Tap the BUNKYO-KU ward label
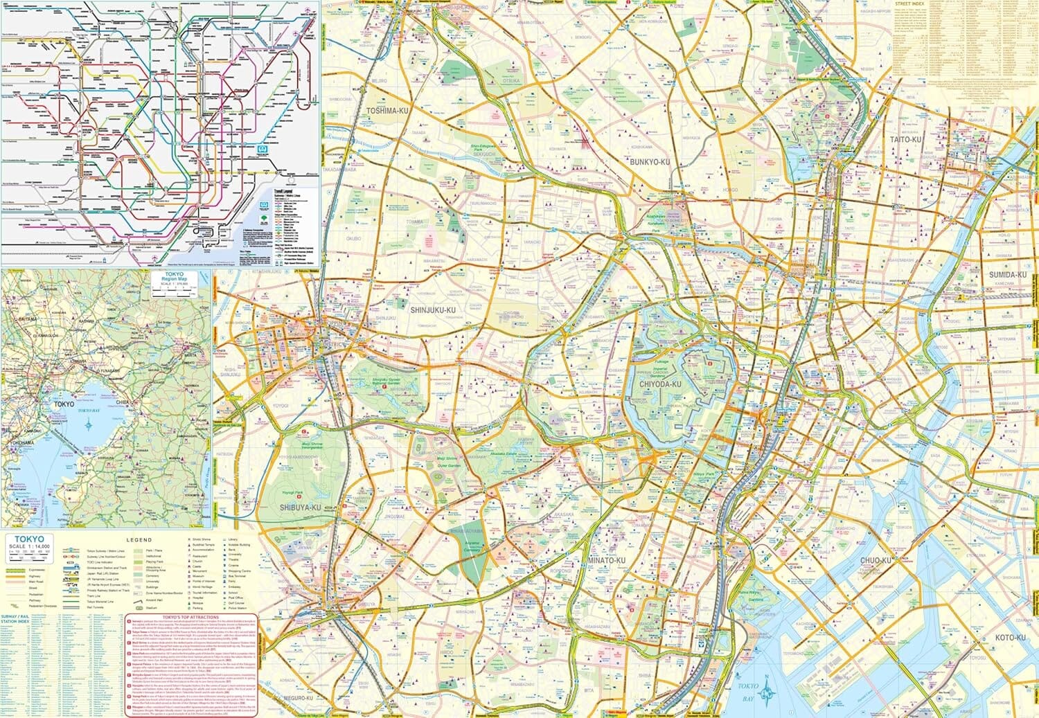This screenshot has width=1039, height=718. click(648, 162)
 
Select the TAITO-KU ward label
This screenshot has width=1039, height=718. click(905, 139)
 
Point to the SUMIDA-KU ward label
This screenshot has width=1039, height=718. click(1006, 275)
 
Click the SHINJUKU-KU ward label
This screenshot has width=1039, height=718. click(433, 311)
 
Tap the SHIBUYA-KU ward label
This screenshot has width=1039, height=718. click(301, 508)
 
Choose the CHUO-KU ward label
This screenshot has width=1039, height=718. click(876, 560)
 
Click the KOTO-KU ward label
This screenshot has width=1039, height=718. click(1011, 637)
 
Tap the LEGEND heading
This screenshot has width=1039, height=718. click(139, 539)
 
